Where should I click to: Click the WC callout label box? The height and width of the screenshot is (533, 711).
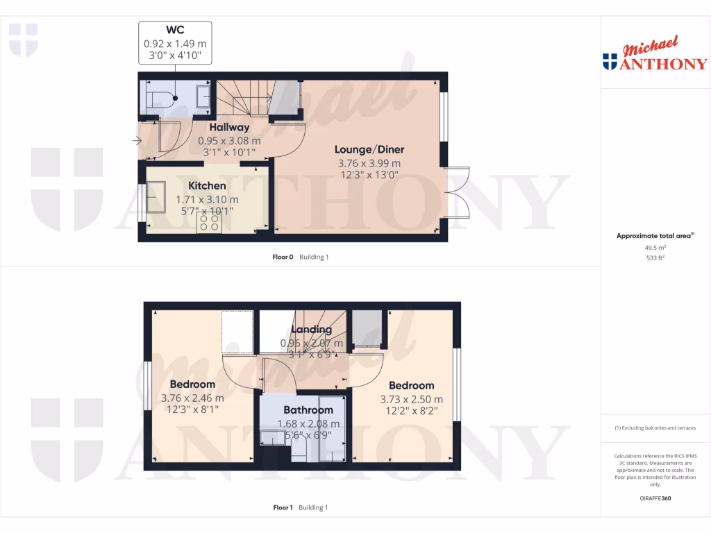point(175,43)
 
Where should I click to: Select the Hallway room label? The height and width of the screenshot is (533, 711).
point(229,127)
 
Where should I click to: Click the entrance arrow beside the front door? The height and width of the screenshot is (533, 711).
point(137,142)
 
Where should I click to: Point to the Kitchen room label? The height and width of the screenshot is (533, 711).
point(207,186)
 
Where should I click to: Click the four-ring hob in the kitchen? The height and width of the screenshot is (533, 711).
point(209,222)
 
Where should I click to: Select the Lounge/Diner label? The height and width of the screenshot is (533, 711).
point(369,149)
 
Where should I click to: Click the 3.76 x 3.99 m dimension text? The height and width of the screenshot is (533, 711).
point(369,164)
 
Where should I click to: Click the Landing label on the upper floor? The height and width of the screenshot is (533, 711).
point(311,330)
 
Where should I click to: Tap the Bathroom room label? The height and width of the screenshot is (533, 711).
point(308,410)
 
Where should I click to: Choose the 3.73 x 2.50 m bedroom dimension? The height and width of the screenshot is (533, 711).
point(411,400)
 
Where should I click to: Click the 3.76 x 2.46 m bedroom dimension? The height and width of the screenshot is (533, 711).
point(192,398)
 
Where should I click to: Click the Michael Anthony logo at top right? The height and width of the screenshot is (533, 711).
point(655,56)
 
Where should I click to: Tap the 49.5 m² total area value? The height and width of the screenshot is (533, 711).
point(655,247)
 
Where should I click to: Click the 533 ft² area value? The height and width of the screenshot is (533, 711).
point(655,257)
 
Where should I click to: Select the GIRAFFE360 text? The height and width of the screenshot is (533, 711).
point(655,498)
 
